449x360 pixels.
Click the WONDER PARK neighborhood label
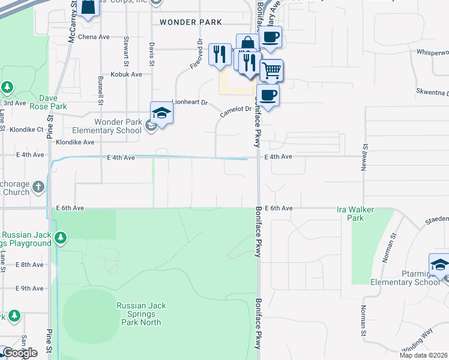click(190, 22)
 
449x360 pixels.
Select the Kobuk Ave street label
click(126, 74)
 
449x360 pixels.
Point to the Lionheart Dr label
click(189, 103)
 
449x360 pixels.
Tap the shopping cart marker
click(271, 70)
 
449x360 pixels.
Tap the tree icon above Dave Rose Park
click(7, 88)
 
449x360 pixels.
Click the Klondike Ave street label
click(75, 142)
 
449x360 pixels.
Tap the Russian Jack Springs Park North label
click(141, 314)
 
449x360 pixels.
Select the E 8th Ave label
click(30, 264)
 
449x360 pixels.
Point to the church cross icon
click(38, 187)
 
